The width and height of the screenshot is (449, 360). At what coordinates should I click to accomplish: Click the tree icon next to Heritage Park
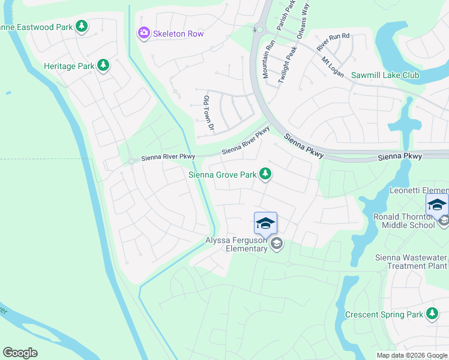pyautogui.click(x=103, y=65)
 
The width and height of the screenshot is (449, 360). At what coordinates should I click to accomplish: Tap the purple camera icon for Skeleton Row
pyautogui.click(x=143, y=33)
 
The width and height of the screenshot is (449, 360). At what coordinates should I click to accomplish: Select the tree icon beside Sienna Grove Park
pyautogui.click(x=265, y=175)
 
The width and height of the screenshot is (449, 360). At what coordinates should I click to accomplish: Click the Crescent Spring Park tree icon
pyautogui.click(x=432, y=314)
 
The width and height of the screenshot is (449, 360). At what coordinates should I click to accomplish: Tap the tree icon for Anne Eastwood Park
pyautogui.click(x=82, y=26)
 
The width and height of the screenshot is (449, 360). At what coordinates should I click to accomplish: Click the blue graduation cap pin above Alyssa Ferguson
pyautogui.click(x=265, y=224)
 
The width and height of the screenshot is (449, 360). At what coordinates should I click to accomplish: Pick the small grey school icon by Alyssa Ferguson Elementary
pyautogui.click(x=276, y=243)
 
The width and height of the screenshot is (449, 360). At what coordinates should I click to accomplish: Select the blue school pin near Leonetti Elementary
pyautogui.click(x=436, y=205)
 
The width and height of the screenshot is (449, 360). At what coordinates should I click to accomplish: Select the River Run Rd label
pyautogui.click(x=333, y=41)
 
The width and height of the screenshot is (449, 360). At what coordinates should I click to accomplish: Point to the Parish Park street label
pyautogui.click(x=292, y=15)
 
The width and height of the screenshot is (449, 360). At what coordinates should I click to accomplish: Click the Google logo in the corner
pyautogui.click(x=20, y=353)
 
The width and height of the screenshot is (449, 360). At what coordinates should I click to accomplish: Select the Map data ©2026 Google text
pyautogui.click(x=412, y=355)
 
